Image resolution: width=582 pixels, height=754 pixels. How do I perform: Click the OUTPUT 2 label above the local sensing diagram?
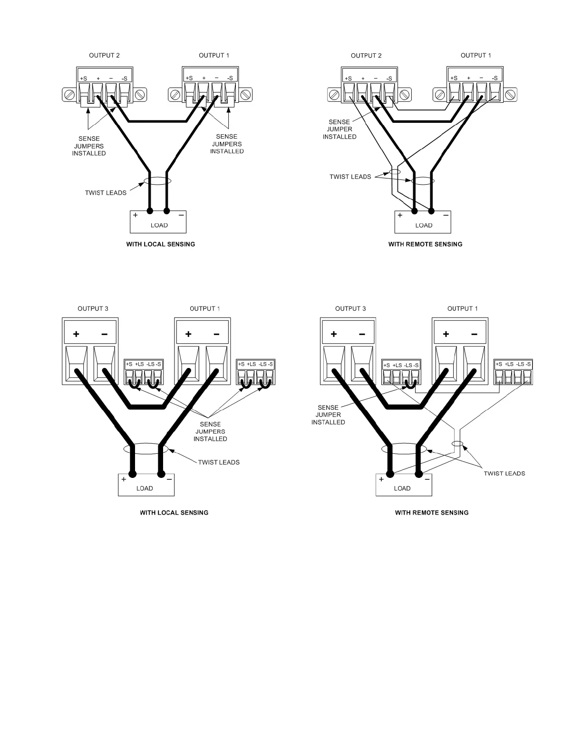coord(104,55)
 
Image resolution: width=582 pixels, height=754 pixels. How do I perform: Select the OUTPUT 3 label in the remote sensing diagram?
coord(350,308)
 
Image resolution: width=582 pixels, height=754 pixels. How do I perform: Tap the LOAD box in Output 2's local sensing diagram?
coord(158,222)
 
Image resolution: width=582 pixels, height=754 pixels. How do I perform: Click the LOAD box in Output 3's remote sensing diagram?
coord(402,486)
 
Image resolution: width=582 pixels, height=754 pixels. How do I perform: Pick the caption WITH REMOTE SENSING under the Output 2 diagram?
coord(425,244)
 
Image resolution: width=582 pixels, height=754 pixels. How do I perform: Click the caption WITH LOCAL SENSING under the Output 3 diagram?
coord(174,513)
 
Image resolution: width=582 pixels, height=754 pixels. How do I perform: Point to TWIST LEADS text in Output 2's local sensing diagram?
coord(106,193)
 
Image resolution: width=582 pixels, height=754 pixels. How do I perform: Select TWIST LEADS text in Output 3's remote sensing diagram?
coord(504,473)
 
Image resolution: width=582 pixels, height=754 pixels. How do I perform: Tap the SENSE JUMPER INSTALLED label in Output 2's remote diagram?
coord(339,129)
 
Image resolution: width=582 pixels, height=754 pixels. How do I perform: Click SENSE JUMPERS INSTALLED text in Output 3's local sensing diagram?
coord(210,431)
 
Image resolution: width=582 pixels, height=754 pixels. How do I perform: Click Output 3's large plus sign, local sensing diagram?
coord(76,334)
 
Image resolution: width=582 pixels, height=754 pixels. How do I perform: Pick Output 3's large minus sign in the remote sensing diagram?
coord(362,334)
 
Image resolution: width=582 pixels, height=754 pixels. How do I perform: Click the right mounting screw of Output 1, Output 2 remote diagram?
coord(510,95)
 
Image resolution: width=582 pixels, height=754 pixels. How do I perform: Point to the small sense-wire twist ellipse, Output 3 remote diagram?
coord(457,444)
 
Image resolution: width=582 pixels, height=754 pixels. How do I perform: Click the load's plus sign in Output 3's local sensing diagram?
coord(124,479)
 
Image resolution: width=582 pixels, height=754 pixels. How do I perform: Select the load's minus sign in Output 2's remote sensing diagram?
coord(446,215)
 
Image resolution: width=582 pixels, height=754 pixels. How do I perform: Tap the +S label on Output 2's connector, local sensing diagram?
coord(83,78)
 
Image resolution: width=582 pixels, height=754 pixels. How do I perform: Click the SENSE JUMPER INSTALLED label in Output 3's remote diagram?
coord(328,415)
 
